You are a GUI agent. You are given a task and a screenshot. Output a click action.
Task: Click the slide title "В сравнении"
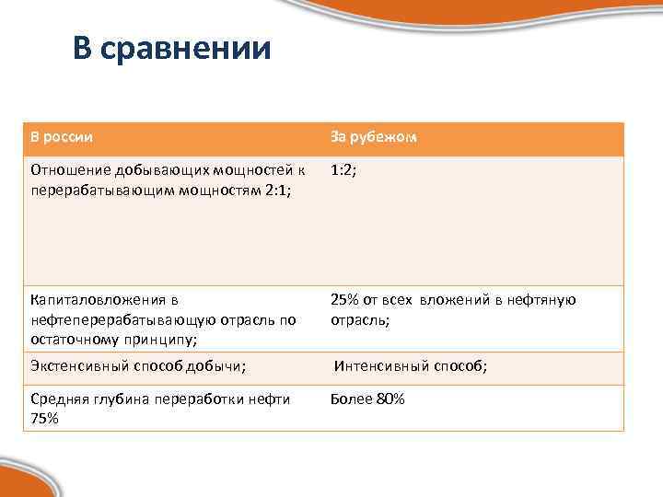pyautogui.click(x=172, y=48)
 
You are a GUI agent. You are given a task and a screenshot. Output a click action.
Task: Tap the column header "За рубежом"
pyautogui.click(x=374, y=137)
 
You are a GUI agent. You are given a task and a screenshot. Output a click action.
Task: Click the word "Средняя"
pyautogui.click(x=58, y=399)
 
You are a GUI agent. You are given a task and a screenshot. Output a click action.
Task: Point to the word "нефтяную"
pyautogui.click(x=545, y=300)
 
